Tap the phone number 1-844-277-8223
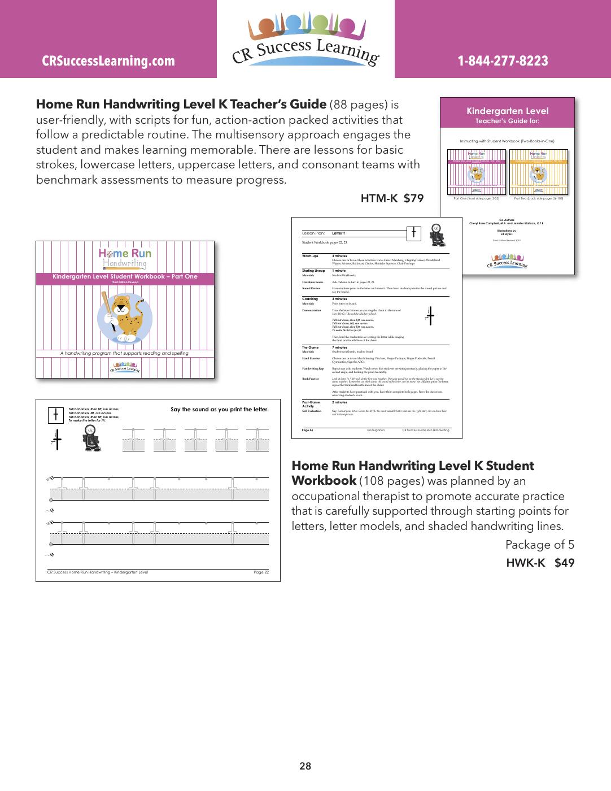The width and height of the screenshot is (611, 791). (x=503, y=61)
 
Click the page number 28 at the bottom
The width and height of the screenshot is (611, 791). (x=305, y=766)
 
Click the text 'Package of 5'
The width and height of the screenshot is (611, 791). (x=539, y=545)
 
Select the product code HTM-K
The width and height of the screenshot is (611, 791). (x=379, y=198)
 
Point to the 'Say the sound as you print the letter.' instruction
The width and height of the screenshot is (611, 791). (x=219, y=409)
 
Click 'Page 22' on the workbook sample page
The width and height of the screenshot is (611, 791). (x=261, y=572)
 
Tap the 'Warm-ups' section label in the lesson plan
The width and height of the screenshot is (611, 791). (x=310, y=256)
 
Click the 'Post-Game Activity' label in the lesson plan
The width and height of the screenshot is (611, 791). (x=311, y=404)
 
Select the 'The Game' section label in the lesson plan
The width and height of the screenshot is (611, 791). (x=310, y=347)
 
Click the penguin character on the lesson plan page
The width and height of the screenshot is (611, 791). (x=437, y=234)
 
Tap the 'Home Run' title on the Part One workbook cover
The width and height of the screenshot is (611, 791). (x=125, y=254)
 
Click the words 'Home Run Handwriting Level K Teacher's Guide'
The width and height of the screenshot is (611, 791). (x=181, y=105)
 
